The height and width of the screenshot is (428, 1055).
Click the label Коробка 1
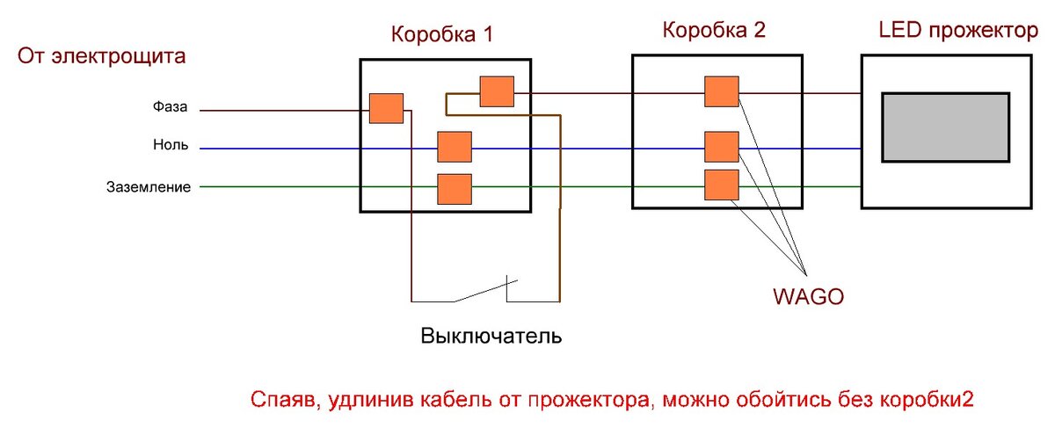tap(442, 35)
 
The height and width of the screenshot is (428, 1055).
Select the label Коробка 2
tap(714, 31)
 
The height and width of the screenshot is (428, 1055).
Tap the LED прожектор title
tap(958, 31)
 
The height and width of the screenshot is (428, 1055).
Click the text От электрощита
tap(101, 59)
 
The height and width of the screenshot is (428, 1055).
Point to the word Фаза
tap(170, 109)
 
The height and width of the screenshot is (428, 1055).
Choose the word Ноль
tap(171, 147)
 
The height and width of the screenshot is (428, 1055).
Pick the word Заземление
tap(149, 186)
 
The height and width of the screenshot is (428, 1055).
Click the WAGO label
tap(807, 296)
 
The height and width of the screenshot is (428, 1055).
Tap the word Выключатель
tap(491, 337)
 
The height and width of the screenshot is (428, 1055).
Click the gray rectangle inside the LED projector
tap(945, 127)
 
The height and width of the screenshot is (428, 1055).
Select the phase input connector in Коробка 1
tap(386, 108)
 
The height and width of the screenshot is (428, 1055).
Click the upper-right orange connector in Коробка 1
tap(497, 91)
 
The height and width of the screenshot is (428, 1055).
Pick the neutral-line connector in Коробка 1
tap(455, 147)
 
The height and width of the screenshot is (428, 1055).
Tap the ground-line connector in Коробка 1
tap(455, 189)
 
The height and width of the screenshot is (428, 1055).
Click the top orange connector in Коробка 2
tap(721, 91)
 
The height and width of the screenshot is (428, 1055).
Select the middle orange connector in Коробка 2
tap(721, 147)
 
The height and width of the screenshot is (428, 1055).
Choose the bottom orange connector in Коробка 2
tap(721, 185)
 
